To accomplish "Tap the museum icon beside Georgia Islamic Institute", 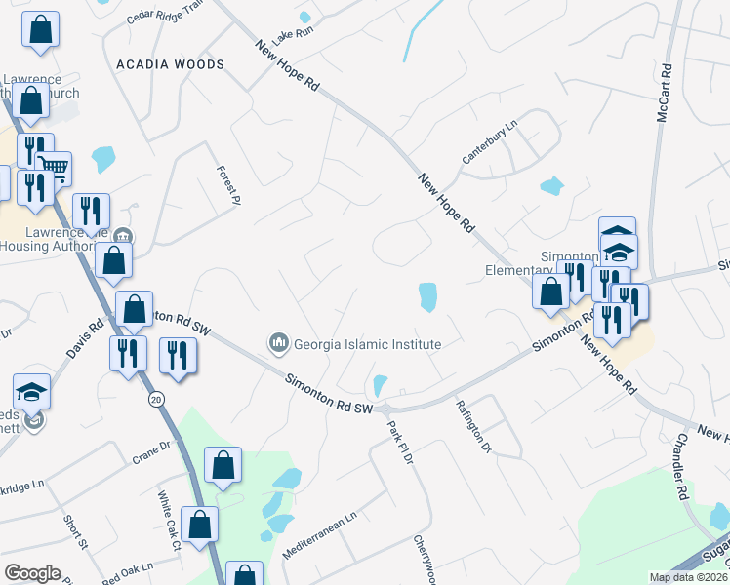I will coord(279,343).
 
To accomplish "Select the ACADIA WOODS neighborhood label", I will coord(170,64).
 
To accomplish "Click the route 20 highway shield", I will coord(155,400).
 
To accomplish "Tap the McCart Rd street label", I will coord(664,93).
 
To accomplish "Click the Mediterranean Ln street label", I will coord(320,535).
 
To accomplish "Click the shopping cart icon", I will coord(55,168).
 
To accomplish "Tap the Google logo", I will coord(32,573).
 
